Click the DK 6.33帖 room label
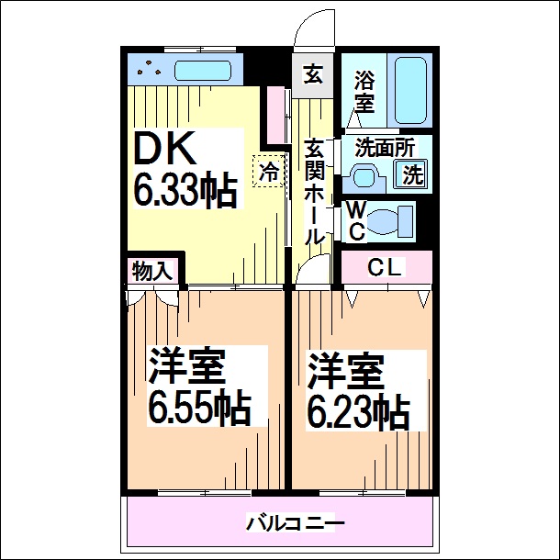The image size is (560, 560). click(184, 170)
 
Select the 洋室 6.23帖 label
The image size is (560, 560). click(357, 389)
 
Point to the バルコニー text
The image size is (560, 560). click(295, 524)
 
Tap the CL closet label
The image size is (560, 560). click(386, 268)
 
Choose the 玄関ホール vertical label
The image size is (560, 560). click(314, 193)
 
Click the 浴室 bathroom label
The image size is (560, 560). click(364, 91)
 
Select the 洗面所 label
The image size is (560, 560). click(374, 146)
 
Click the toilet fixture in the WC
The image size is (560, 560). click(392, 221)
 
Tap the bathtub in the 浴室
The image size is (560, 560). click(409, 93)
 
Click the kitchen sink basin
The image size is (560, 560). click(202, 71)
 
